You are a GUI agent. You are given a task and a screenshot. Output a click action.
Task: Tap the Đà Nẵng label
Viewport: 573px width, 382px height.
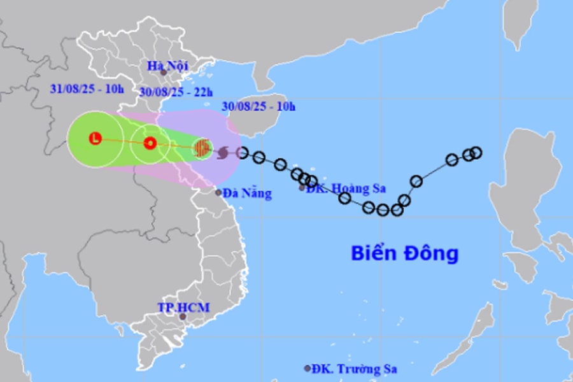247,194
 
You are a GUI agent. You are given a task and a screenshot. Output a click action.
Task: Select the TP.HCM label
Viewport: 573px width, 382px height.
183,308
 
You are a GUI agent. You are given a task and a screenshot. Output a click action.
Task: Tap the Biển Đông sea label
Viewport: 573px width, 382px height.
404,253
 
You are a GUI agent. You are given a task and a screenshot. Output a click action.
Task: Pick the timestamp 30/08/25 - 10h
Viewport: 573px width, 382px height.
259,106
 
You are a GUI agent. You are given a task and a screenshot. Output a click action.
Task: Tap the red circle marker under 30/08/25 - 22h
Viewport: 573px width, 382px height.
150,143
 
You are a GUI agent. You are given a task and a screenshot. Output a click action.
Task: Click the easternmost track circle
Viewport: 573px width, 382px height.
476,152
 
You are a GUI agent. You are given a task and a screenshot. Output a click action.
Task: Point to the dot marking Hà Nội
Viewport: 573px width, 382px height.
164,73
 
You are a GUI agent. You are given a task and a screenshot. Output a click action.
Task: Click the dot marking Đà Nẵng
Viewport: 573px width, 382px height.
218,192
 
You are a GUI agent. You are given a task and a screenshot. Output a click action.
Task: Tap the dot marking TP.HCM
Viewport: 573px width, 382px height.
183,316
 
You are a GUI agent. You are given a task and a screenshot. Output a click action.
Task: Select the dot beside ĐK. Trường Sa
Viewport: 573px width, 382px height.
307,368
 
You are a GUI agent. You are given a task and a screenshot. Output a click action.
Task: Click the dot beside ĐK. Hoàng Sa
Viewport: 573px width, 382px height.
302,188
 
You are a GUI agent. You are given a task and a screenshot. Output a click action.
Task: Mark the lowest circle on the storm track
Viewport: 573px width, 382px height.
383,210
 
